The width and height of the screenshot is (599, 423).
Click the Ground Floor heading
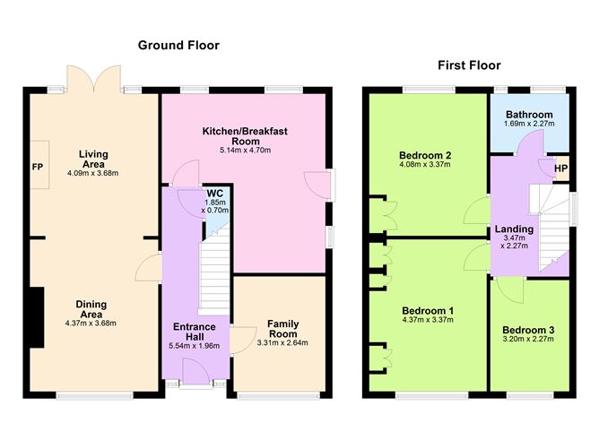pyautogui.click(x=178, y=45)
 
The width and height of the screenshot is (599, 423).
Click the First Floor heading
pyautogui.click(x=469, y=65)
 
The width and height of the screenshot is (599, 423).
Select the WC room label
pyautogui.click(x=214, y=193)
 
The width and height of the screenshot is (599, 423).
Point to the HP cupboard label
pyautogui.click(x=561, y=168)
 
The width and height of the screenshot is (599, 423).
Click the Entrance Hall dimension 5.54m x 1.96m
pyautogui.click(x=195, y=345)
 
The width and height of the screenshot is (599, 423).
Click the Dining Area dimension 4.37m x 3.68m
pyautogui.click(x=92, y=324)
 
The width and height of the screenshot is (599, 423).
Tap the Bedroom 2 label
pyautogui.click(x=425, y=154)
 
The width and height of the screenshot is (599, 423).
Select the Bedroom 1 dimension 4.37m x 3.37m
pyautogui.click(x=426, y=321)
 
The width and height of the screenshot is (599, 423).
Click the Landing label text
pyautogui.click(x=514, y=229)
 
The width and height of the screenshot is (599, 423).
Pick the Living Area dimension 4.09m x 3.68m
pyautogui.click(x=92, y=173)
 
